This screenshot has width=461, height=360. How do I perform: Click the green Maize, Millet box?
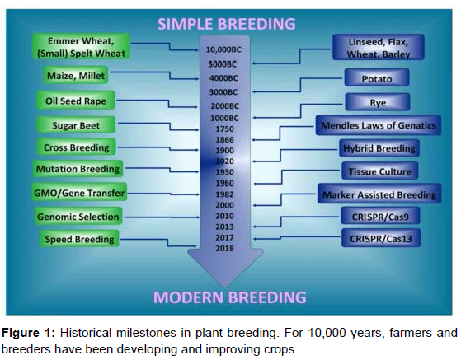pos(76,76)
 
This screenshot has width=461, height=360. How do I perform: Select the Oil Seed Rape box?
pos(76,101)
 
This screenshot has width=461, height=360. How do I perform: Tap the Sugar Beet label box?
pos(76,125)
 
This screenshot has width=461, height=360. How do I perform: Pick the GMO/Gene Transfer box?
pos(79,192)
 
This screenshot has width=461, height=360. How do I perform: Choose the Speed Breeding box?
pos(79,239)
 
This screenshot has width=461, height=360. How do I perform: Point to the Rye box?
pos(378,102)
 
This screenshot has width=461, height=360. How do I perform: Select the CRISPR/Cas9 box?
pos(380,216)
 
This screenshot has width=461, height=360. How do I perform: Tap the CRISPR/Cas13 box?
pos(381,238)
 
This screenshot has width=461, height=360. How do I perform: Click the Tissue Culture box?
pos(379,171)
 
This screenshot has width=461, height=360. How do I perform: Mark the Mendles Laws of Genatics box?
pos(378,125)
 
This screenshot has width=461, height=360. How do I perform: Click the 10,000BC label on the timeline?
pos(223,49)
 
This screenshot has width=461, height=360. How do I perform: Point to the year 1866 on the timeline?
pos(224,139)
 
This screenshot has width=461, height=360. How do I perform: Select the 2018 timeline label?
pos(224,248)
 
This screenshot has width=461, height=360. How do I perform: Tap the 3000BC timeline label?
pos(223,92)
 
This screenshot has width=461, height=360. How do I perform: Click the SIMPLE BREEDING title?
pos(227,24)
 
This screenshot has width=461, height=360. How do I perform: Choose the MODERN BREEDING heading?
pos(229,297)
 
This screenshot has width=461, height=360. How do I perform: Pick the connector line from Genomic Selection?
pos(162,217)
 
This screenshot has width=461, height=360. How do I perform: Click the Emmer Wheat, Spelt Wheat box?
pos(81,47)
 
